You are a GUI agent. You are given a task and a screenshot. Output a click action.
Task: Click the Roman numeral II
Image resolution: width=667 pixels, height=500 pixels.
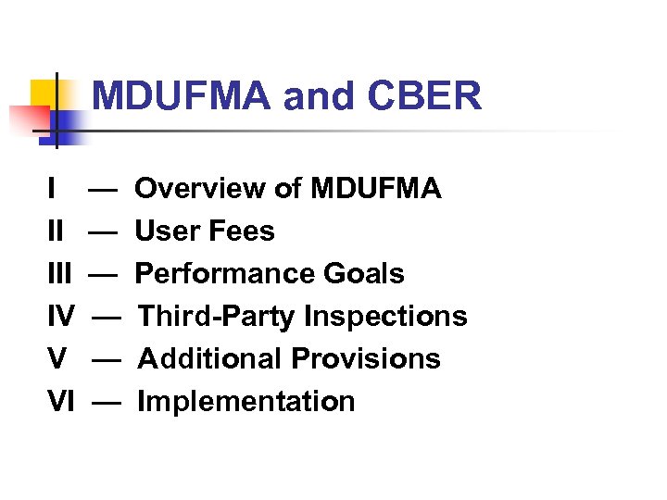pos(56,231)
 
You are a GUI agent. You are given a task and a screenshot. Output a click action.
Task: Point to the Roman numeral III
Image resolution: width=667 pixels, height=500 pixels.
pos(59,274)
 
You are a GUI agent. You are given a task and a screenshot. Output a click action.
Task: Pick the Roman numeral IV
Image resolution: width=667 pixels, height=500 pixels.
pos(61,317)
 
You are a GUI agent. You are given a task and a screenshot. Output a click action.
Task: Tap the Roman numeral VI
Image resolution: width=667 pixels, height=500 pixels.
pos(61,402)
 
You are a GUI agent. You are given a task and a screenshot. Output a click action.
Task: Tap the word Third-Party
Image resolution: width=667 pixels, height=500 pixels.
pos(217,317)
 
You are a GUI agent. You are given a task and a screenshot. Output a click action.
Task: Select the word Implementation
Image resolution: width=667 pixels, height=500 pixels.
pos(246,402)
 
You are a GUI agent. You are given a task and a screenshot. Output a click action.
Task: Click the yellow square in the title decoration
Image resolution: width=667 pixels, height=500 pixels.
pos(44,93)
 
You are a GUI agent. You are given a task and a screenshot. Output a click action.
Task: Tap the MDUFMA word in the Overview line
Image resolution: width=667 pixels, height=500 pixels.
pos(376,190)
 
